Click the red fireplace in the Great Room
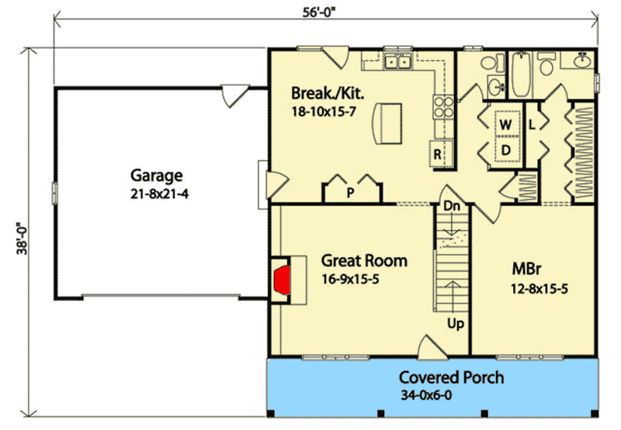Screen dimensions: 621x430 (x=283, y=280)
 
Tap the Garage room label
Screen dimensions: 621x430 (x=157, y=175)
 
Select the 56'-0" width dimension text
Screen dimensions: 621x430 (x=319, y=12)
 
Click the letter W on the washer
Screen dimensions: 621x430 (x=505, y=125)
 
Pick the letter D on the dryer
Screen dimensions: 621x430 (x=506, y=151)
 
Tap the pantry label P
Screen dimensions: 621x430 (x=350, y=192)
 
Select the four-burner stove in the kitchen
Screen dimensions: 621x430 (x=443, y=107)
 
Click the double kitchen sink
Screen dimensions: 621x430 (x=398, y=62)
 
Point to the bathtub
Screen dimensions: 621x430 (x=520, y=75)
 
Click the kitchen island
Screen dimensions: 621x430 (x=387, y=123)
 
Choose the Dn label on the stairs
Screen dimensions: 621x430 (x=452, y=206)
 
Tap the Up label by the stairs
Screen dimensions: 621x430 (x=456, y=324)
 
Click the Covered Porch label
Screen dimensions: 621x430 (x=451, y=377)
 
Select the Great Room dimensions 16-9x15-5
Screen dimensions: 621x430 (x=350, y=279)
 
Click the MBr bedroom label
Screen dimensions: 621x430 (x=526, y=269)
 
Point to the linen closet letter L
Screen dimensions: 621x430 (x=532, y=125)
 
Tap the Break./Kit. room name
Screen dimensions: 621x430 (x=328, y=93)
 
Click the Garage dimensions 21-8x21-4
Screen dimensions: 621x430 (x=159, y=194)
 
